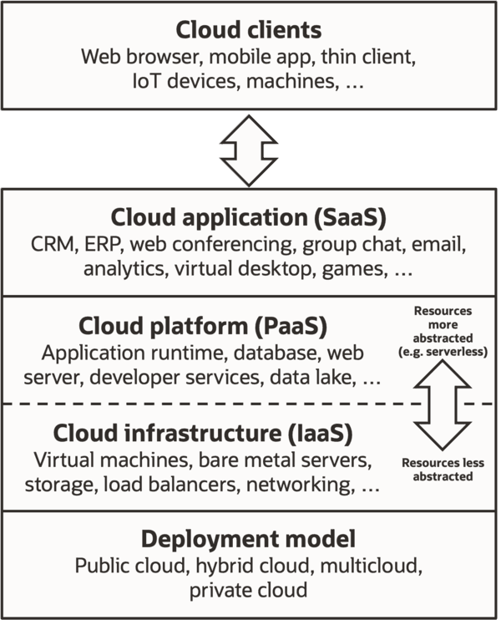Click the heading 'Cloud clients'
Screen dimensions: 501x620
[249, 30]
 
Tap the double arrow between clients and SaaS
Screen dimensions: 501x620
[249, 150]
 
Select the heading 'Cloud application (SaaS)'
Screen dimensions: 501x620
[249, 217]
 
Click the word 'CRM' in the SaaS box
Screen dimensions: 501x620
[53, 244]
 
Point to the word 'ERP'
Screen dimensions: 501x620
[103, 244]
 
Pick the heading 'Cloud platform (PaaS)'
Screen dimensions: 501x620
[203, 326]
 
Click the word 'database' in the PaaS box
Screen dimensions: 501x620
[276, 353]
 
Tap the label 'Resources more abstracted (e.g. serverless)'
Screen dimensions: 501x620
[443, 332]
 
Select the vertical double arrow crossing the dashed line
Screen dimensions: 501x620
[443, 405]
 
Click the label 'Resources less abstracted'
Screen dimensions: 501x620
[443, 470]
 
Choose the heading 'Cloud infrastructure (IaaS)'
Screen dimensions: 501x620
[203, 434]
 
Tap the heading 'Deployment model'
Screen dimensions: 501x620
[249, 539]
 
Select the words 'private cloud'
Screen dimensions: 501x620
[249, 590]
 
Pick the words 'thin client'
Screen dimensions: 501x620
[368, 57]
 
